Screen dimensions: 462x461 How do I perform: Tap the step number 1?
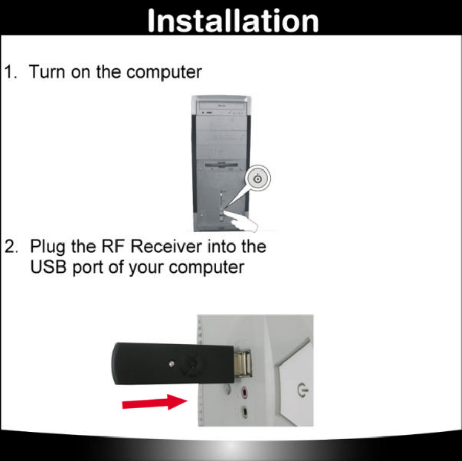11,72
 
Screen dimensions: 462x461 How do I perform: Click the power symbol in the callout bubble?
259,179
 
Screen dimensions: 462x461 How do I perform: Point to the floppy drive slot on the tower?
221,165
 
